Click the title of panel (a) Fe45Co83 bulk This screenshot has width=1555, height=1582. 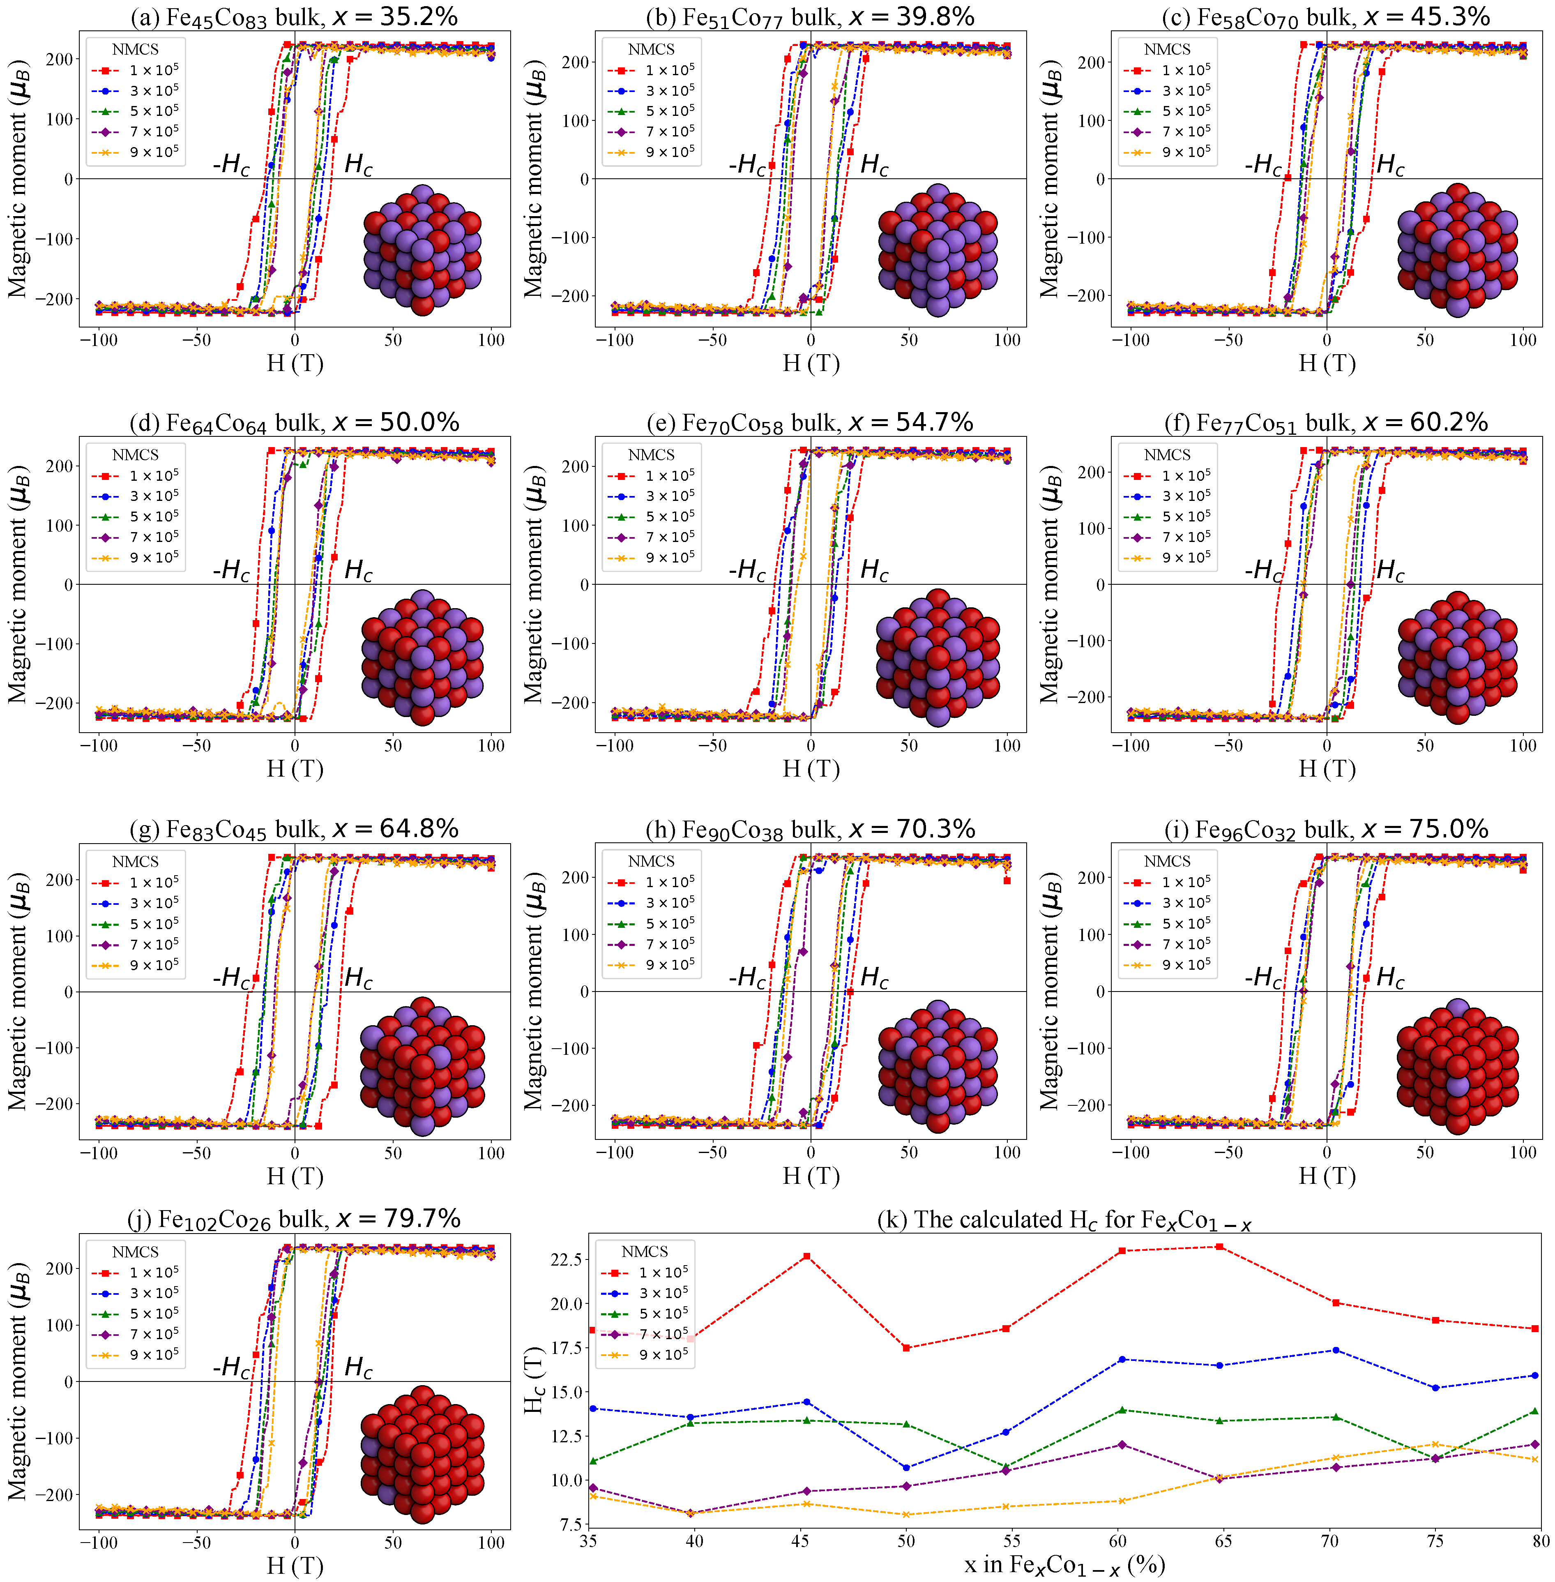point(294,16)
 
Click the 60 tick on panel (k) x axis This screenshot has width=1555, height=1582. point(1117,1540)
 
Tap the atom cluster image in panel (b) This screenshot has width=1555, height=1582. point(938,250)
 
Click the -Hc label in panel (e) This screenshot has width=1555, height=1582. point(747,569)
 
